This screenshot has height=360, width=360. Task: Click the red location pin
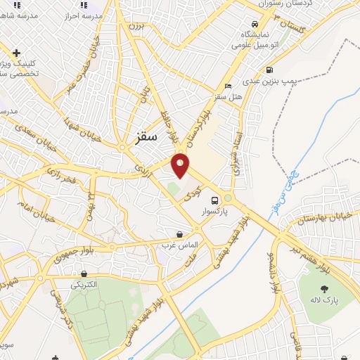pos(181,164)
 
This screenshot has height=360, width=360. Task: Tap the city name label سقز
pos(145,136)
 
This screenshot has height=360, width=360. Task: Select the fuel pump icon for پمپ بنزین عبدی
pos(270,70)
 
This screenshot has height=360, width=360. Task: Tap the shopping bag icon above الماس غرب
pos(180,234)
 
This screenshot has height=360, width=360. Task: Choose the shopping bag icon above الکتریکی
pos(84,274)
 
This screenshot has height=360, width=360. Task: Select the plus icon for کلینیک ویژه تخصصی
pos(15,52)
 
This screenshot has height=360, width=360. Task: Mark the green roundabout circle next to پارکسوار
pos(227,199)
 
